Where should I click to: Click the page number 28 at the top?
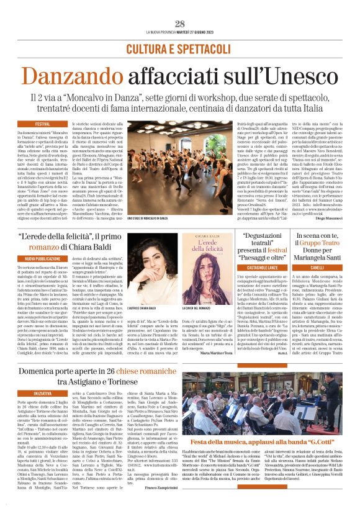180,24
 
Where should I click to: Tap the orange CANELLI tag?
318,268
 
